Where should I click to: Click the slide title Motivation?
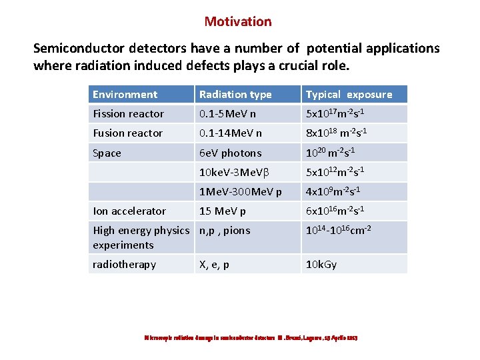pos(238,21)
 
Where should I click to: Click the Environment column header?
pos(125,95)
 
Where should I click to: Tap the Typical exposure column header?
pos(349,95)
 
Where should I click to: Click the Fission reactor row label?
pos(128,114)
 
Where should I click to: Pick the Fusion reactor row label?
pos(127,133)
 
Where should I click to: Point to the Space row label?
pos(107,153)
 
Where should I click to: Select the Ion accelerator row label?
pos(129,211)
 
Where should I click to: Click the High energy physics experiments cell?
pos(141,238)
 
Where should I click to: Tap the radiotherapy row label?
pos(124,265)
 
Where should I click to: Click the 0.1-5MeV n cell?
pos(228,114)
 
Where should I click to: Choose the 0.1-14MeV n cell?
pos(231,133)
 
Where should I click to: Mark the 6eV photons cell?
pos(230,153)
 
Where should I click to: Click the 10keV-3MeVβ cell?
pos(234,173)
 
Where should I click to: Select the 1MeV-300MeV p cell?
pos(240,192)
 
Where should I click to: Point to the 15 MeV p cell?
pos(223,211)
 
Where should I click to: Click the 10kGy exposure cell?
pos(321,265)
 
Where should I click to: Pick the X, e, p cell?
pos(214,265)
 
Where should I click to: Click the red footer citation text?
pos(251,338)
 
